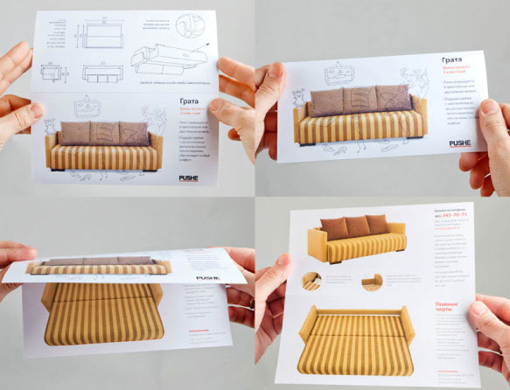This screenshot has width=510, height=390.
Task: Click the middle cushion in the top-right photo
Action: pyautogui.click(x=358, y=98)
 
